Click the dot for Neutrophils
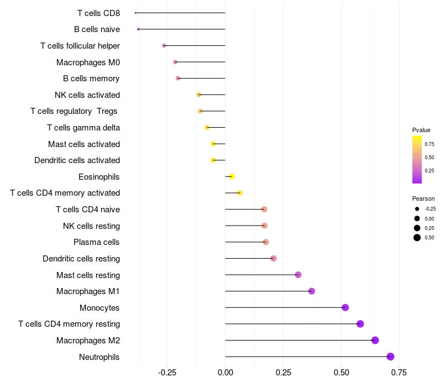click(x=391, y=357)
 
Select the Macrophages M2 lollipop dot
click(x=375, y=340)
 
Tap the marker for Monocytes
click(x=345, y=307)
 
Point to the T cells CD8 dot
click(x=135, y=13)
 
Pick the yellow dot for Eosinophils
click(x=232, y=176)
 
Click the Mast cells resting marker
click(x=298, y=275)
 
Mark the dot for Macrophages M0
click(x=175, y=62)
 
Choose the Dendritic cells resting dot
click(x=273, y=258)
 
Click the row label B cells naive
click(x=97, y=29)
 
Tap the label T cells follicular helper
click(x=80, y=45)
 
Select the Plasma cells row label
click(x=97, y=242)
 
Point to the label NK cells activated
click(x=87, y=95)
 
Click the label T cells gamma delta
click(x=83, y=128)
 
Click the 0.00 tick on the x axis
click(x=225, y=373)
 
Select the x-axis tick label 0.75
click(x=399, y=373)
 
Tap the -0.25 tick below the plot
click(x=167, y=373)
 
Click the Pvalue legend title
click(x=421, y=130)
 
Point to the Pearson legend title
click(x=423, y=198)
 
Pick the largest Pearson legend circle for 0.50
click(x=417, y=238)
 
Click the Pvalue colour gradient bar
click(x=417, y=159)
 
